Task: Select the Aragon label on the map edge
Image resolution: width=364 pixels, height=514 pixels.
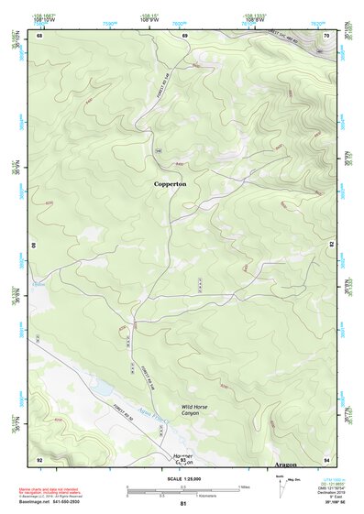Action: click(x=289, y=455)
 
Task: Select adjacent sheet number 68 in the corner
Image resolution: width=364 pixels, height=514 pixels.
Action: click(x=39, y=36)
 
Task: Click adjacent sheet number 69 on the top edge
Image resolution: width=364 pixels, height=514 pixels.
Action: click(x=184, y=36)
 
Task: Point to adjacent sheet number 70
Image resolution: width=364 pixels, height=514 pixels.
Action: click(x=327, y=36)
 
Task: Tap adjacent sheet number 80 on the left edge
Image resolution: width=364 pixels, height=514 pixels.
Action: click(x=35, y=246)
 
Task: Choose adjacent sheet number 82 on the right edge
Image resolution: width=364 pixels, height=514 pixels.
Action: click(x=331, y=246)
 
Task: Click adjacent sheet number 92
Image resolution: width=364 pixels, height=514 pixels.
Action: click(x=39, y=458)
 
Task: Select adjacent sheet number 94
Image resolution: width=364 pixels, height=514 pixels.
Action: click(x=327, y=458)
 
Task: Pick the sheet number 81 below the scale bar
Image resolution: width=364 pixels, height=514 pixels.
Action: click(x=183, y=504)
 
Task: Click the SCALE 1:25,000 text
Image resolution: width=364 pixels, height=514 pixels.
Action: click(x=183, y=479)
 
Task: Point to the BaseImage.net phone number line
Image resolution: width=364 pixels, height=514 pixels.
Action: click(x=53, y=502)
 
